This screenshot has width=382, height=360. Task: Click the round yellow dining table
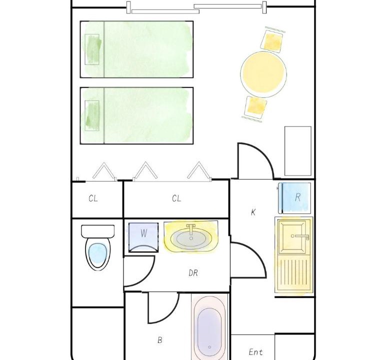pyautogui.click(x=263, y=74)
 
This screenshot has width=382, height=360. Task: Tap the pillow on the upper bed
pyautogui.click(x=92, y=49)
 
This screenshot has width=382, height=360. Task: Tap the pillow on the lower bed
pyautogui.click(x=92, y=115)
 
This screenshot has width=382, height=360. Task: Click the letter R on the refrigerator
pyautogui.click(x=297, y=197)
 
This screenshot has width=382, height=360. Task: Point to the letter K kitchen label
pyautogui.click(x=253, y=212)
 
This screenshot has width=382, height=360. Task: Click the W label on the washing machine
pyautogui.click(x=143, y=233)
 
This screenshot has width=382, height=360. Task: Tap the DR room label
pyautogui.click(x=193, y=273)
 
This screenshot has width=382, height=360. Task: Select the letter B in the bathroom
pyautogui.click(x=160, y=340)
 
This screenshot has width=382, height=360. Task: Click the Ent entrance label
pyautogui.click(x=255, y=352)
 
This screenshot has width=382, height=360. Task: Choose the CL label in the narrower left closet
pyautogui.click(x=93, y=198)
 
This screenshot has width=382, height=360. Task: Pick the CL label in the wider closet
pyautogui.click(x=176, y=198)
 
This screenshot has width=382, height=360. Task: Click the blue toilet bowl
pyautogui.click(x=97, y=254)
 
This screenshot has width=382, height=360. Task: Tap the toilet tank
pyautogui.click(x=97, y=231)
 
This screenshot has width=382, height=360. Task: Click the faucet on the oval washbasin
pyautogui.click(x=191, y=229)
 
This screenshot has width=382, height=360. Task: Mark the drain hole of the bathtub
pyautogui.click(x=209, y=347)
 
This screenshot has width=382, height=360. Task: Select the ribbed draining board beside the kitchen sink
pyautogui.click(x=294, y=272)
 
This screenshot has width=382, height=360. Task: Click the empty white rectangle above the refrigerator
pyautogui.click(x=298, y=151)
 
